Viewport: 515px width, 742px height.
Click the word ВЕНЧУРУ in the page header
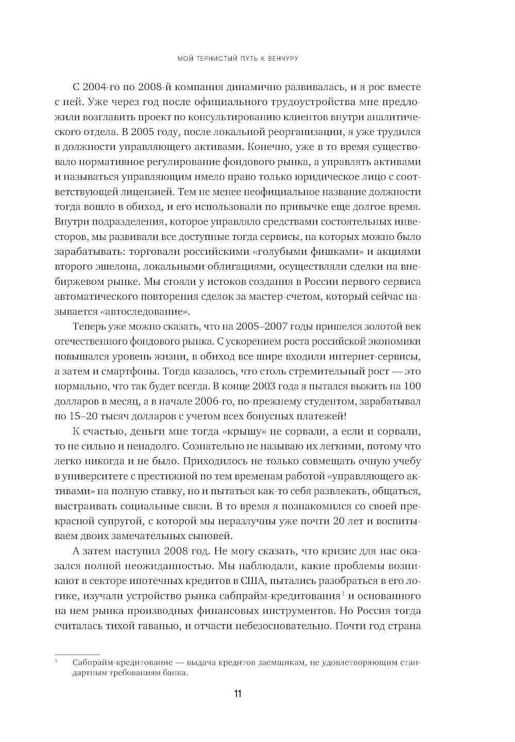pyautogui.click(x=280, y=59)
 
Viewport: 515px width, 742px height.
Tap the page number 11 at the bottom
pyautogui.click(x=237, y=693)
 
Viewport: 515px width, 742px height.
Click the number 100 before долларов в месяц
pyautogui.click(x=413, y=386)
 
